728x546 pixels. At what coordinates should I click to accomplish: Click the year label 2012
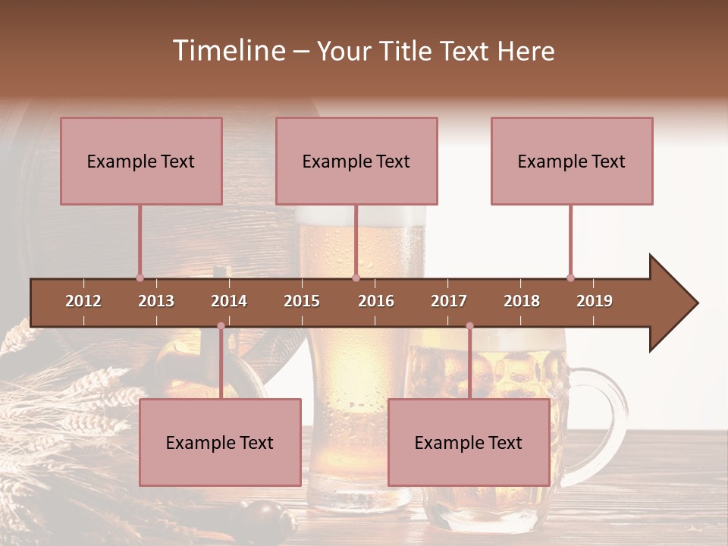click(x=83, y=301)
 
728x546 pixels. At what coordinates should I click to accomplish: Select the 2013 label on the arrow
click(x=156, y=301)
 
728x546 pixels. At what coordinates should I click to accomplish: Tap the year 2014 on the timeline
click(x=229, y=301)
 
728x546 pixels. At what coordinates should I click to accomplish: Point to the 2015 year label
click(x=302, y=301)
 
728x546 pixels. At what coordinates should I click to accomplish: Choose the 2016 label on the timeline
click(x=376, y=301)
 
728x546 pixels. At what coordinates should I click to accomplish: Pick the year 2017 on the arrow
click(x=449, y=301)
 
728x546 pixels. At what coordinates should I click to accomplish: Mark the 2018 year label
click(x=522, y=301)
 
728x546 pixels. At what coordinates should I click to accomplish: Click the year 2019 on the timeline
click(x=595, y=301)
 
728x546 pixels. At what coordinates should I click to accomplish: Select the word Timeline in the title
click(x=227, y=51)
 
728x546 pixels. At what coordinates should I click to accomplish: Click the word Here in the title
click(x=526, y=51)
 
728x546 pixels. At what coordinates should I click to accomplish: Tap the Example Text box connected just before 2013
click(x=141, y=161)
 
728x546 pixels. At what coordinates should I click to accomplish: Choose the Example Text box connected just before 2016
click(x=356, y=161)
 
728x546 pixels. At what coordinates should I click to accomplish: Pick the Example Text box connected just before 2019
click(x=572, y=161)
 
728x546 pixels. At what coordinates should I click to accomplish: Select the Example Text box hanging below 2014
click(x=220, y=442)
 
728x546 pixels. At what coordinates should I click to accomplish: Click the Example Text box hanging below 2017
click(x=469, y=442)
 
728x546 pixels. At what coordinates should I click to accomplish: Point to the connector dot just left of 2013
click(x=140, y=278)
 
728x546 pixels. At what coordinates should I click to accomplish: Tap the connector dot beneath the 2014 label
click(x=221, y=326)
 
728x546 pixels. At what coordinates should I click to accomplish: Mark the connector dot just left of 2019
click(x=570, y=278)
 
